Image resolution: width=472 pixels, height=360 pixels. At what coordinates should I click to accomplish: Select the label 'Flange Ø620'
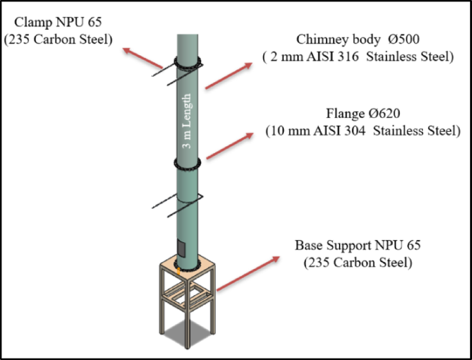(362, 113)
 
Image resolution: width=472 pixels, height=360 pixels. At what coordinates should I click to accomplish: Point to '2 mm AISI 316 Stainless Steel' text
(358, 57)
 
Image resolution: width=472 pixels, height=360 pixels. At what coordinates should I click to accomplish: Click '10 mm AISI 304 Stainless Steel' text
(362, 130)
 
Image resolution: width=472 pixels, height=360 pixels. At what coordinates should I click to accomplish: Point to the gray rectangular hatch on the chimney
(181, 246)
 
